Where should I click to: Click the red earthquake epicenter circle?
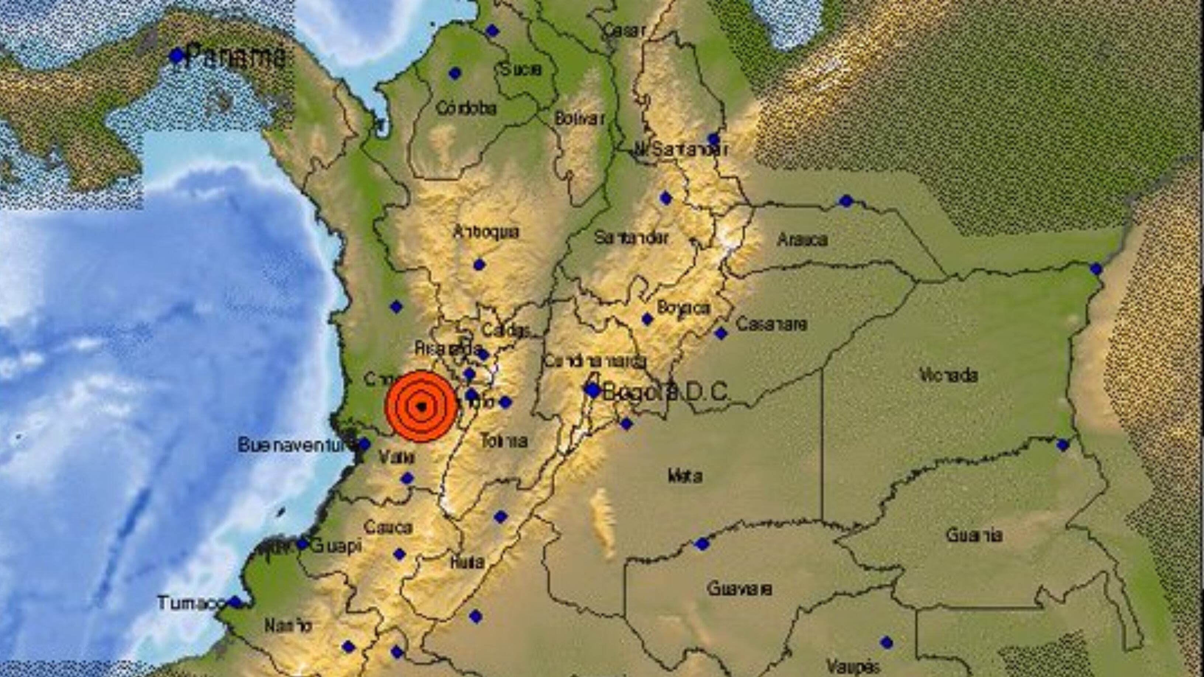[421, 406]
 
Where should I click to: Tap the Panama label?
[236, 56]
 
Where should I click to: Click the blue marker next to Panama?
[176, 56]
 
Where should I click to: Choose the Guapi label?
[336, 545]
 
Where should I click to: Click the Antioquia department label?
[486, 232]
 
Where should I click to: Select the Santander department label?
[631, 238]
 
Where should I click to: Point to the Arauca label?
[802, 240]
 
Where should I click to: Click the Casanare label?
[771, 324]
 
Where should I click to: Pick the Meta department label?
[685, 476]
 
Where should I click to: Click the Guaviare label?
[740, 589]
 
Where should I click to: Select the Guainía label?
[975, 535]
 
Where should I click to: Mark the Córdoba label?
[466, 108]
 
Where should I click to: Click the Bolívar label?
[579, 119]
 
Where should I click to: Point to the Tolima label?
[504, 441]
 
